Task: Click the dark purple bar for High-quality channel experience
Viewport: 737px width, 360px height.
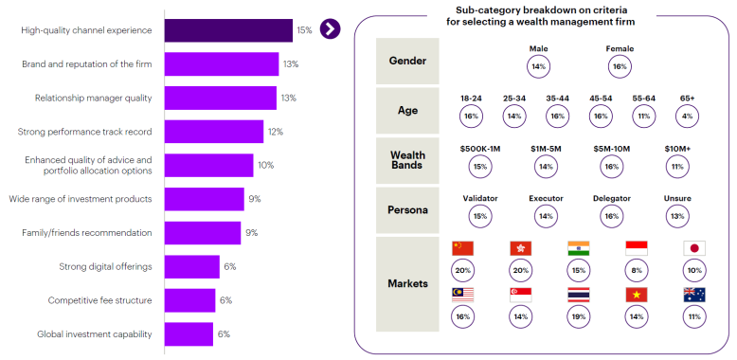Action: (228, 30)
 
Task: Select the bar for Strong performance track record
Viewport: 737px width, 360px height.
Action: (213, 132)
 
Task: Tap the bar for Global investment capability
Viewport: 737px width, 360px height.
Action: (189, 334)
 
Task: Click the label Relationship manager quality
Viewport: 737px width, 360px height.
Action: (93, 98)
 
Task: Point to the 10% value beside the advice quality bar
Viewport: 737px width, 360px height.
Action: (265, 165)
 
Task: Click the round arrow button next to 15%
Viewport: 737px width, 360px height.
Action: (330, 28)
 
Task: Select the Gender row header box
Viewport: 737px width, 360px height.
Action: (407, 61)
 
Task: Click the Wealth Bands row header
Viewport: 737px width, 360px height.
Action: (407, 160)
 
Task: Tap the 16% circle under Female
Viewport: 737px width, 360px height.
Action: (620, 67)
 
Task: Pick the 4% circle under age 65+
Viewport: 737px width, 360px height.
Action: (687, 116)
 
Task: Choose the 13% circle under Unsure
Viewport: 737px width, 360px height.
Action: (677, 216)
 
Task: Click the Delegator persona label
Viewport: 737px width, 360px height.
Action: (611, 198)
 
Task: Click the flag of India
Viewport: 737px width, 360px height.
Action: (578, 248)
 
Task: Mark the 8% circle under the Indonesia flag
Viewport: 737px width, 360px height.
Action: (636, 271)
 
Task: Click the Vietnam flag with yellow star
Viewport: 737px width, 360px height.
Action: (636, 294)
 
